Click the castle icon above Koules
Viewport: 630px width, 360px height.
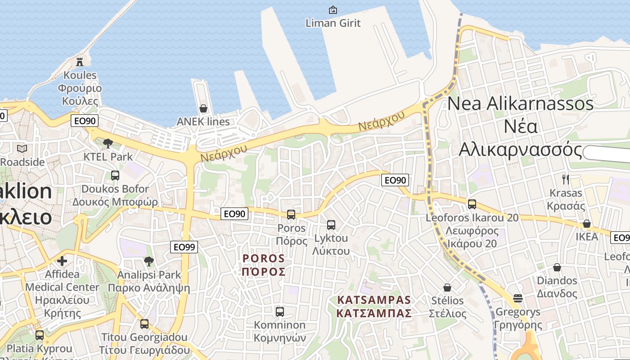click(80, 62)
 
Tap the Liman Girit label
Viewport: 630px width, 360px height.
click(333, 22)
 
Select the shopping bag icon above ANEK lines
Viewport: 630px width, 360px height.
click(203, 108)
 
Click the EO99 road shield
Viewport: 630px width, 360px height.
click(184, 247)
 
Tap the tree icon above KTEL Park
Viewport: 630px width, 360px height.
click(108, 144)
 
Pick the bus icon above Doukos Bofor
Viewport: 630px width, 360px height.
click(115, 175)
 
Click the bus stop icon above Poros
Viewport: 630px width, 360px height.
click(291, 215)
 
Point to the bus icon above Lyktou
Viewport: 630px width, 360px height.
click(331, 225)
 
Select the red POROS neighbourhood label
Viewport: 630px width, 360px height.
click(264, 265)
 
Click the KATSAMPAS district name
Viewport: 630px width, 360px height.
click(374, 306)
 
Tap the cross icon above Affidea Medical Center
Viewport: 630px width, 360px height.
click(62, 261)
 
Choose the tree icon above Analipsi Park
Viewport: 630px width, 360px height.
click(149, 261)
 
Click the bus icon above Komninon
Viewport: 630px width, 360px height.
click(279, 311)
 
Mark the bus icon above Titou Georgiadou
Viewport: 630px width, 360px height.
click(144, 324)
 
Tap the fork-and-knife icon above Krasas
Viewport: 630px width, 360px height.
click(566, 180)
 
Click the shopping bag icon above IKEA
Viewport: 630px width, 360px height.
click(587, 224)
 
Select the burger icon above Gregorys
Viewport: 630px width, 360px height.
click(518, 298)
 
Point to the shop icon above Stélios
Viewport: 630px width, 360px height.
click(447, 287)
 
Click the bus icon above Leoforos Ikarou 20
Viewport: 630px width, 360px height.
click(472, 204)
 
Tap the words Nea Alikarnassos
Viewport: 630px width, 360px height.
click(520, 103)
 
